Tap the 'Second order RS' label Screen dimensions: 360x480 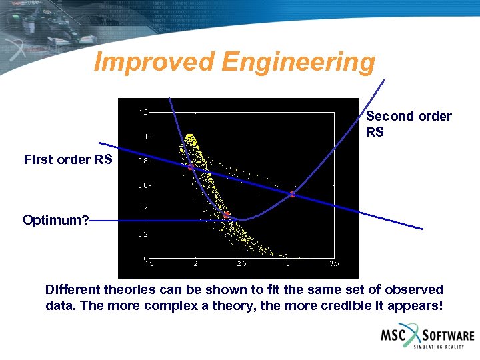(408, 124)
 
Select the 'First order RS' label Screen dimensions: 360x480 (68, 159)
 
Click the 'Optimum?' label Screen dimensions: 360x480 (56, 220)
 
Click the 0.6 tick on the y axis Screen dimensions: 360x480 (143, 186)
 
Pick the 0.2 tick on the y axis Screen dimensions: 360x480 (143, 234)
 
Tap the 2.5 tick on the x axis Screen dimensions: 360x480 (241, 264)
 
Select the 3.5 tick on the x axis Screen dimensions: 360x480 (333, 264)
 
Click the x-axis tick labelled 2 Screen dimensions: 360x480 (195, 264)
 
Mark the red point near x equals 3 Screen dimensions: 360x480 (291, 195)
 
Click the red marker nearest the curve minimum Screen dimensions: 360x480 (226, 215)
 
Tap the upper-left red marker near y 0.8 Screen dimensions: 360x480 (190, 167)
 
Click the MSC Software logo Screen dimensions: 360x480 (427, 337)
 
